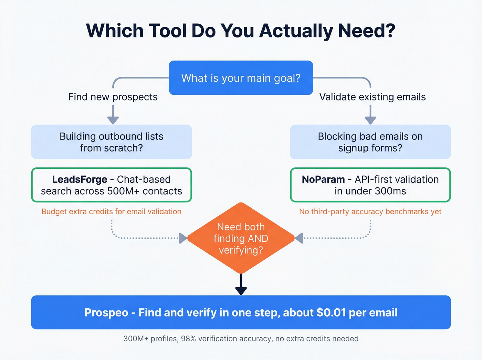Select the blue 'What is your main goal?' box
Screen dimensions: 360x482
(241, 78)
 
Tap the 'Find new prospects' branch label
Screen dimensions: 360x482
(113, 97)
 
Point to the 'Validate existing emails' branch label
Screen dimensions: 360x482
(372, 97)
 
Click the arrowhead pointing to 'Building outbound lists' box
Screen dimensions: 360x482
(113, 120)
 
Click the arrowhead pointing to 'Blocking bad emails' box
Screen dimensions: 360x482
(370, 120)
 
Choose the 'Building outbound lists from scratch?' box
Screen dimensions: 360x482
(111, 142)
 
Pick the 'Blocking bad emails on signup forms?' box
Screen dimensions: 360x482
(370, 142)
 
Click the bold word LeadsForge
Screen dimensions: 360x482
(80, 179)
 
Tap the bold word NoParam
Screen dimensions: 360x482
(323, 179)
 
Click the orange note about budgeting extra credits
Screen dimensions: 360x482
(111, 212)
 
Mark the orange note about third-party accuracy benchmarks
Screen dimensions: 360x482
(370, 212)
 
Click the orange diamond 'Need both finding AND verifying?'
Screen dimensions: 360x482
(241, 238)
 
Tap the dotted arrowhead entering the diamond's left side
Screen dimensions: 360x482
(183, 238)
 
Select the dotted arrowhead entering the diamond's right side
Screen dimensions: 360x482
(299, 238)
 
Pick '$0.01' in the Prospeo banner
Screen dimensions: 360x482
(331, 313)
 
